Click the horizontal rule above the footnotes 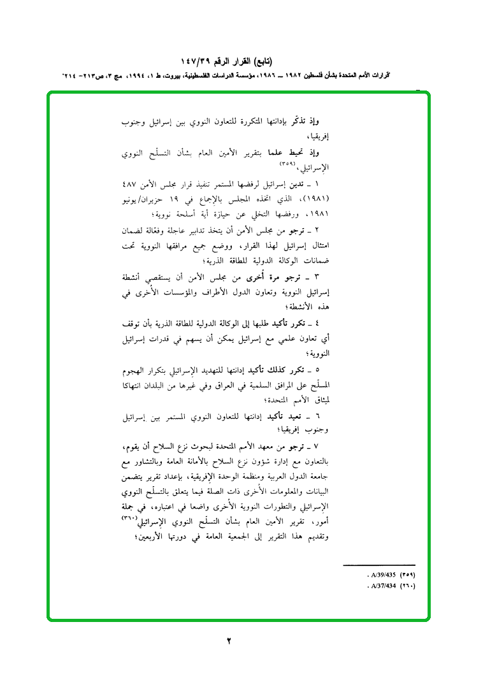[378, 565]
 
